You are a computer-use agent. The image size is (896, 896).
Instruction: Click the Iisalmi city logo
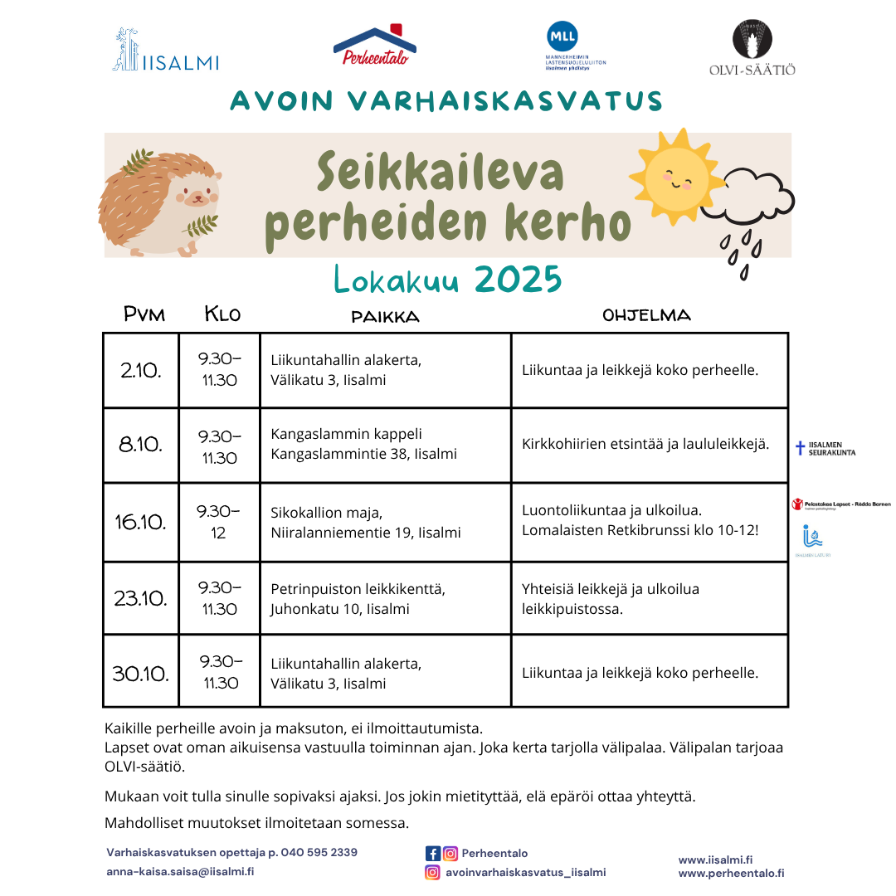pos(166,51)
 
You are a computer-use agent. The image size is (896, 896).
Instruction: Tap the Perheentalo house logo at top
pos(375,46)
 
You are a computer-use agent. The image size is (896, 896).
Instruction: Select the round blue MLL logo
pos(562,37)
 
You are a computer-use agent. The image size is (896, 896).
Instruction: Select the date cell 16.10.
pos(140,523)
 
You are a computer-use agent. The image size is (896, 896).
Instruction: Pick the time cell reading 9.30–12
pos(219,523)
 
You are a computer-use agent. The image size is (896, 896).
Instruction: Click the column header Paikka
pos(385,317)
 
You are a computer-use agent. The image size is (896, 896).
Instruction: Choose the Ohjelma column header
pos(646,315)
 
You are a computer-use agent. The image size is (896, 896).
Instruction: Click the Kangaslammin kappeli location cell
pos(385,445)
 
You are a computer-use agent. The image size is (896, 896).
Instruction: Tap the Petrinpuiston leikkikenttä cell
pos(385,599)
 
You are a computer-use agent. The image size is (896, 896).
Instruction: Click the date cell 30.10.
pos(140,673)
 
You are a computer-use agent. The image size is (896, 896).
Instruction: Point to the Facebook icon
pos(432,854)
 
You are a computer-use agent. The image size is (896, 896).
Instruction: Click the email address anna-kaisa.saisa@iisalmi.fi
pos(180,872)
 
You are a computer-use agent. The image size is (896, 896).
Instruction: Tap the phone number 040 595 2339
pos(319,853)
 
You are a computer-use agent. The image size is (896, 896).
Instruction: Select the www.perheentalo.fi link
pos(731,873)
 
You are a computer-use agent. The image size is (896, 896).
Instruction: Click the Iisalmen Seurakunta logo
pos(825,449)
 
